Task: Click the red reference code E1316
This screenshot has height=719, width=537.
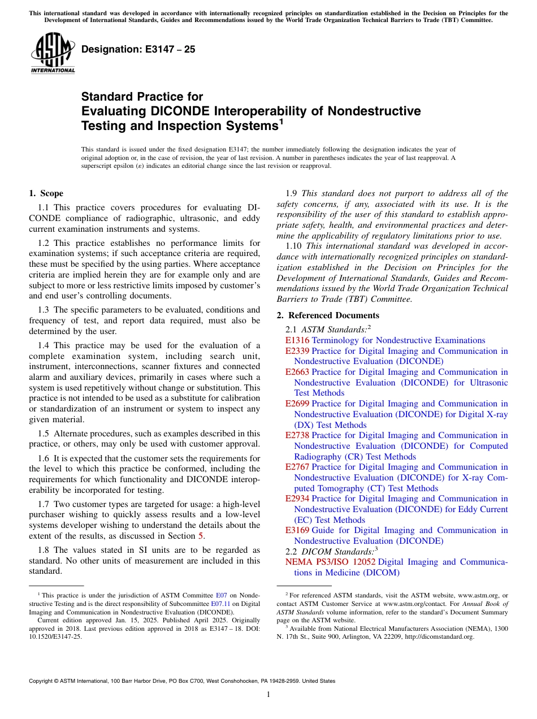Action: coord(297,340)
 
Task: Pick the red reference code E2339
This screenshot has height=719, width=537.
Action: coord(297,351)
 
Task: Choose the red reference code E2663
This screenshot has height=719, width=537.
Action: coord(297,372)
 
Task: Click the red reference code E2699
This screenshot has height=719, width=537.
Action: coord(297,404)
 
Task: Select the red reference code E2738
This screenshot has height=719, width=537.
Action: coord(297,435)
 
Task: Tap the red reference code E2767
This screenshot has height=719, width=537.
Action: coord(297,467)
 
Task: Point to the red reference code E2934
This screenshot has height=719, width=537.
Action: coord(297,499)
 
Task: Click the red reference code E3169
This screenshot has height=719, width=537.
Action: coord(297,530)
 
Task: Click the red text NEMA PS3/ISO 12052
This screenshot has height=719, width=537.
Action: coord(330,562)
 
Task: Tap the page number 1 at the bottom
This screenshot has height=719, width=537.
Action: coord(268,695)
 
